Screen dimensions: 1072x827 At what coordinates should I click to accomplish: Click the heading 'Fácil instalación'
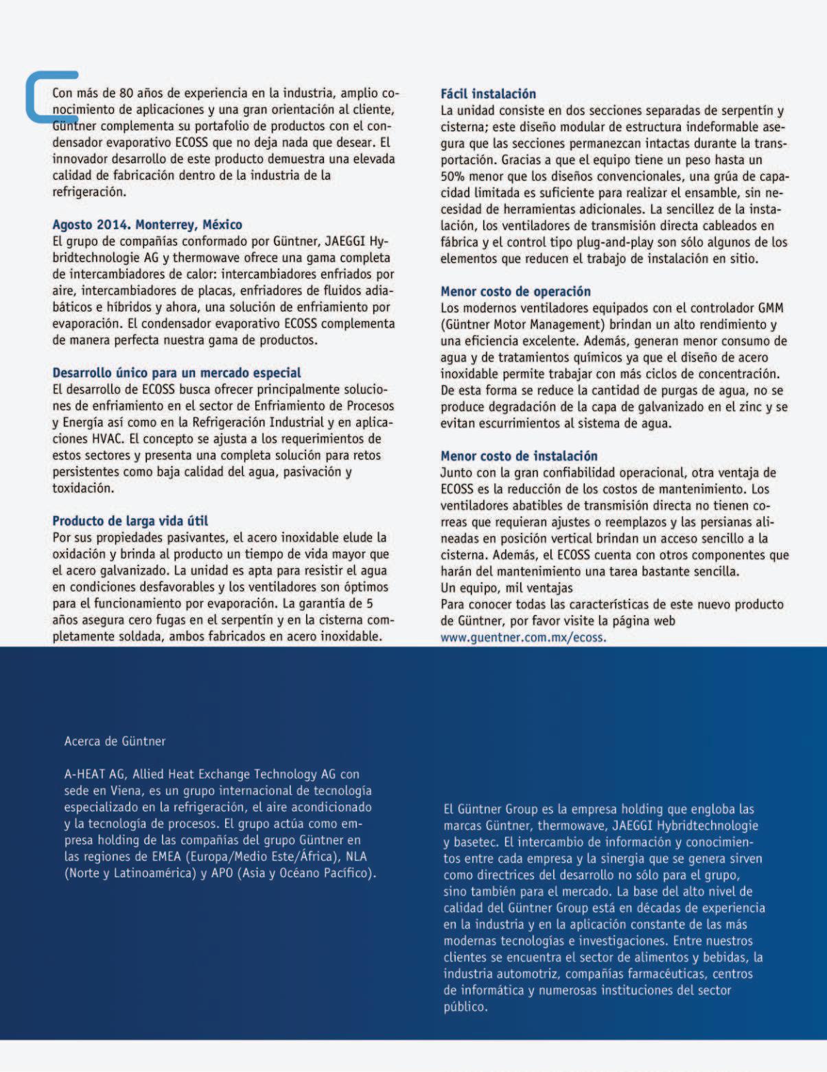click(488, 94)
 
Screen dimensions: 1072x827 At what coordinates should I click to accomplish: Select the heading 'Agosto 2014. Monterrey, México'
click(147, 225)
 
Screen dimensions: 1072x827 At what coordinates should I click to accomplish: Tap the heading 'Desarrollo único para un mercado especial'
click(176, 373)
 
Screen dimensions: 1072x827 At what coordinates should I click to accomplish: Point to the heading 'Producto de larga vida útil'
click(130, 521)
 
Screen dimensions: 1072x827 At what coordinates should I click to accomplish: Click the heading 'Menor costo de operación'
click(515, 292)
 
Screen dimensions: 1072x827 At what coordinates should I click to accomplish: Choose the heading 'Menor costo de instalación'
click(519, 456)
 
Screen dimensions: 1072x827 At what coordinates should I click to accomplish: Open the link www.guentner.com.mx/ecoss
click(523, 638)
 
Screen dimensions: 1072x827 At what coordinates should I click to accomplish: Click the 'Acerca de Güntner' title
click(115, 742)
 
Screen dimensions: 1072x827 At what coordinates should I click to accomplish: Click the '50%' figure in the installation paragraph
click(453, 176)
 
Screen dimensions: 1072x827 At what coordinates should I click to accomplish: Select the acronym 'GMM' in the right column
click(770, 308)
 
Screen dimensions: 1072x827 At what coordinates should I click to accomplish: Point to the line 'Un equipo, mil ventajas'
click(506, 588)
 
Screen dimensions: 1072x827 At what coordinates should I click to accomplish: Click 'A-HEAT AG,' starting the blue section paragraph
click(95, 775)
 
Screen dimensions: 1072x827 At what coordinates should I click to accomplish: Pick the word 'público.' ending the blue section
click(465, 1007)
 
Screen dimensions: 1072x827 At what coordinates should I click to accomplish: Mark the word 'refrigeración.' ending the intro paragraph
click(89, 192)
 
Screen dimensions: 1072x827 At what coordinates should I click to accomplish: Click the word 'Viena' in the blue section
click(126, 791)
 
